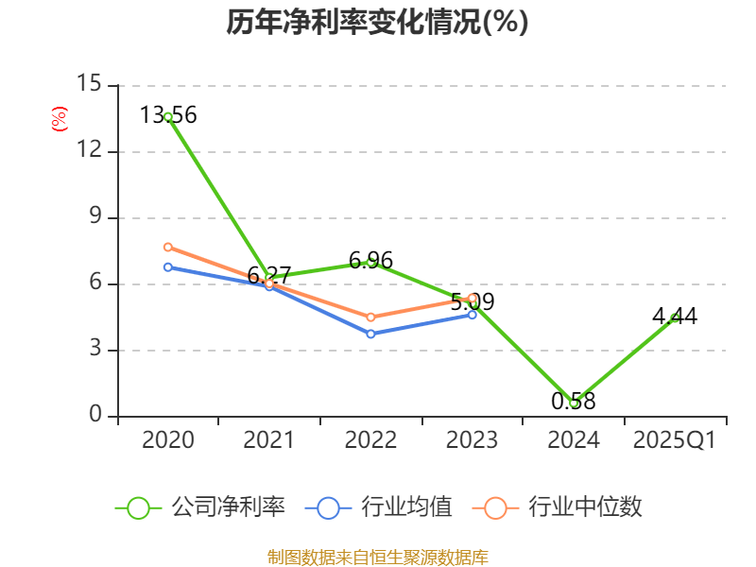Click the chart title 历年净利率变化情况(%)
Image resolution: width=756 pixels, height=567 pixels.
(377, 23)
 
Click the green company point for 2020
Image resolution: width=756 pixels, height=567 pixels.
(168, 117)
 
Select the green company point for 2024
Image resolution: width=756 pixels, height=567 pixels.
(574, 403)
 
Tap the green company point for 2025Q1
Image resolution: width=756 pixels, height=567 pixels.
(675, 318)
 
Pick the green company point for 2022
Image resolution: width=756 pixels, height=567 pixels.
(371, 262)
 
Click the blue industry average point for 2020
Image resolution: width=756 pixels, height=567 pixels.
(168, 267)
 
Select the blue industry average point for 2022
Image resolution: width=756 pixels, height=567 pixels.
(371, 334)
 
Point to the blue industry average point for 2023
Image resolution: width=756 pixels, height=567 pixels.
(472, 315)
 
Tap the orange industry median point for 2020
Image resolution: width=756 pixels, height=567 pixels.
(168, 248)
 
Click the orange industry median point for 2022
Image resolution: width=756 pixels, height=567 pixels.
(371, 318)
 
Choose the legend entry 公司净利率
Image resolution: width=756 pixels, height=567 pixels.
(200, 507)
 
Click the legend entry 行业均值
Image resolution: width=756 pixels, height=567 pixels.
(379, 507)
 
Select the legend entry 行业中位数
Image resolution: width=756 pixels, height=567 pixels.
(563, 507)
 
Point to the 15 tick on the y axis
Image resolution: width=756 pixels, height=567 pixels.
(89, 85)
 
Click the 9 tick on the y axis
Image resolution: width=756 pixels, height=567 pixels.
(94, 217)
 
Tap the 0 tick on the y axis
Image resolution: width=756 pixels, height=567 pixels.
(94, 416)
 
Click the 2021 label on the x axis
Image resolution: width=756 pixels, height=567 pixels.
(269, 440)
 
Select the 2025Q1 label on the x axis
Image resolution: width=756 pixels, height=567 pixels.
(675, 440)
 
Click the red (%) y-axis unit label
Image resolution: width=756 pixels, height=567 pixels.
(59, 120)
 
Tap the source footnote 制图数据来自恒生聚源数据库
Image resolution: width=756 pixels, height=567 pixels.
(377, 557)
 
